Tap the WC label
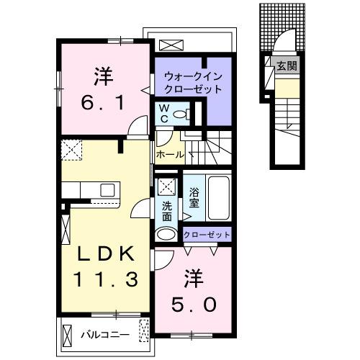(164, 113)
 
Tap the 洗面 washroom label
(167, 209)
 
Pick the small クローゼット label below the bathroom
(207, 235)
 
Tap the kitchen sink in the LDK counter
(107, 190)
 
